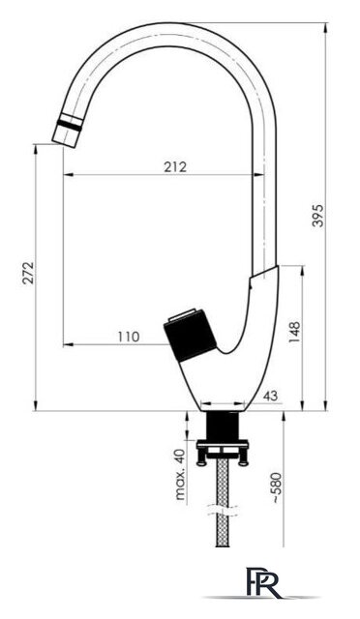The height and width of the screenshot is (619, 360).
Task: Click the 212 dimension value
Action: coord(175,167)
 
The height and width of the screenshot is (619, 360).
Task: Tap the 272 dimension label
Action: coord(28,274)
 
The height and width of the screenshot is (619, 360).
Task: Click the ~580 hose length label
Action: coord(278,486)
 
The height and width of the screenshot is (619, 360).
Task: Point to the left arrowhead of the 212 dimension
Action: coord(67,176)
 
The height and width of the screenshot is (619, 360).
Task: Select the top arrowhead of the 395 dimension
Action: coord(323,23)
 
